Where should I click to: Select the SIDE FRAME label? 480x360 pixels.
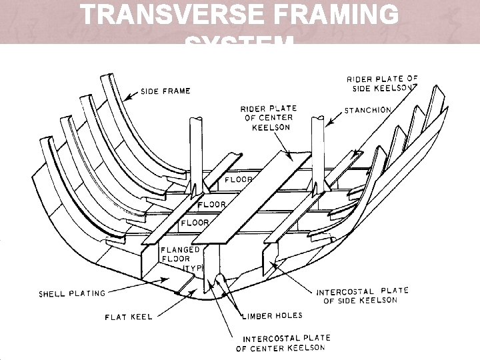click(165, 91)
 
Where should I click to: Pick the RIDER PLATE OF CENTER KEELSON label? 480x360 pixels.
click(269, 117)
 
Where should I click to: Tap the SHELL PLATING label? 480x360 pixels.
click(72, 293)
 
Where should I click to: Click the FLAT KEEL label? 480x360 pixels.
click(128, 317)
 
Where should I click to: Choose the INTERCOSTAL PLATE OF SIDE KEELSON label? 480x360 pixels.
click(363, 296)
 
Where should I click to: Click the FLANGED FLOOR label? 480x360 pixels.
click(176, 259)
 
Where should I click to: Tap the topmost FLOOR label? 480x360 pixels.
click(239, 180)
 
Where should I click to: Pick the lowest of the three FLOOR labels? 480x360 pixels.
click(195, 222)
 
